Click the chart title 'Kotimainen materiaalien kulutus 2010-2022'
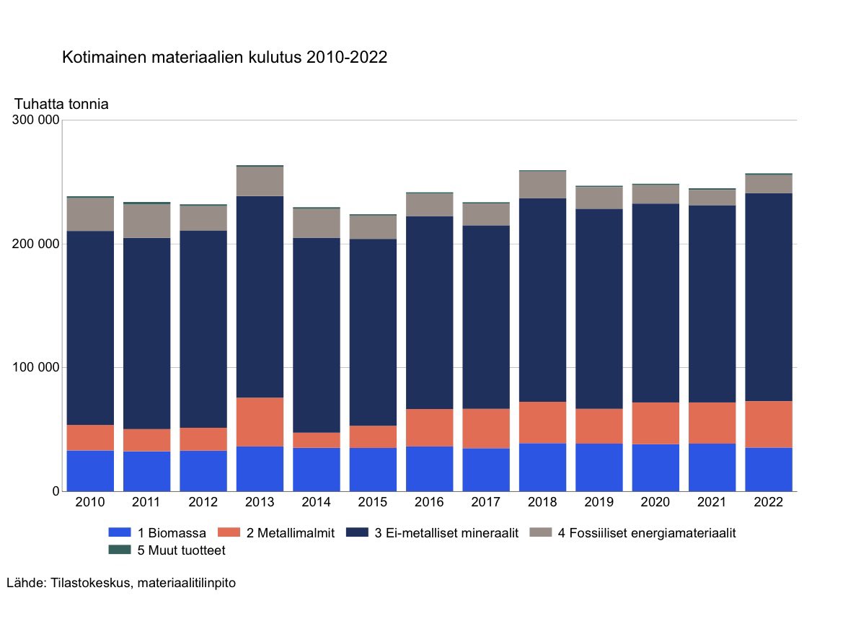click(224, 58)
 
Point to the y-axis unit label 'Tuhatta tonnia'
click(61, 104)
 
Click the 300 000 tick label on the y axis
click(35, 120)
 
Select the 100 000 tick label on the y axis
click(35, 368)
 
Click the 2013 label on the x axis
click(260, 503)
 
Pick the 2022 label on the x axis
click(769, 503)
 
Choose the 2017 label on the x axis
click(486, 503)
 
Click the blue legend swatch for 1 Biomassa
click(120, 533)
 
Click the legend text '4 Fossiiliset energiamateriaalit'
click(647, 534)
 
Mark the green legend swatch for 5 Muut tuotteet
click(120, 550)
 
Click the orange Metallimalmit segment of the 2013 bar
click(260, 422)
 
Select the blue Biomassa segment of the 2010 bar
click(90, 471)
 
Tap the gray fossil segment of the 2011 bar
click(146, 221)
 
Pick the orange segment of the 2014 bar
click(316, 440)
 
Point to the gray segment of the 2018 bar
click(542, 185)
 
